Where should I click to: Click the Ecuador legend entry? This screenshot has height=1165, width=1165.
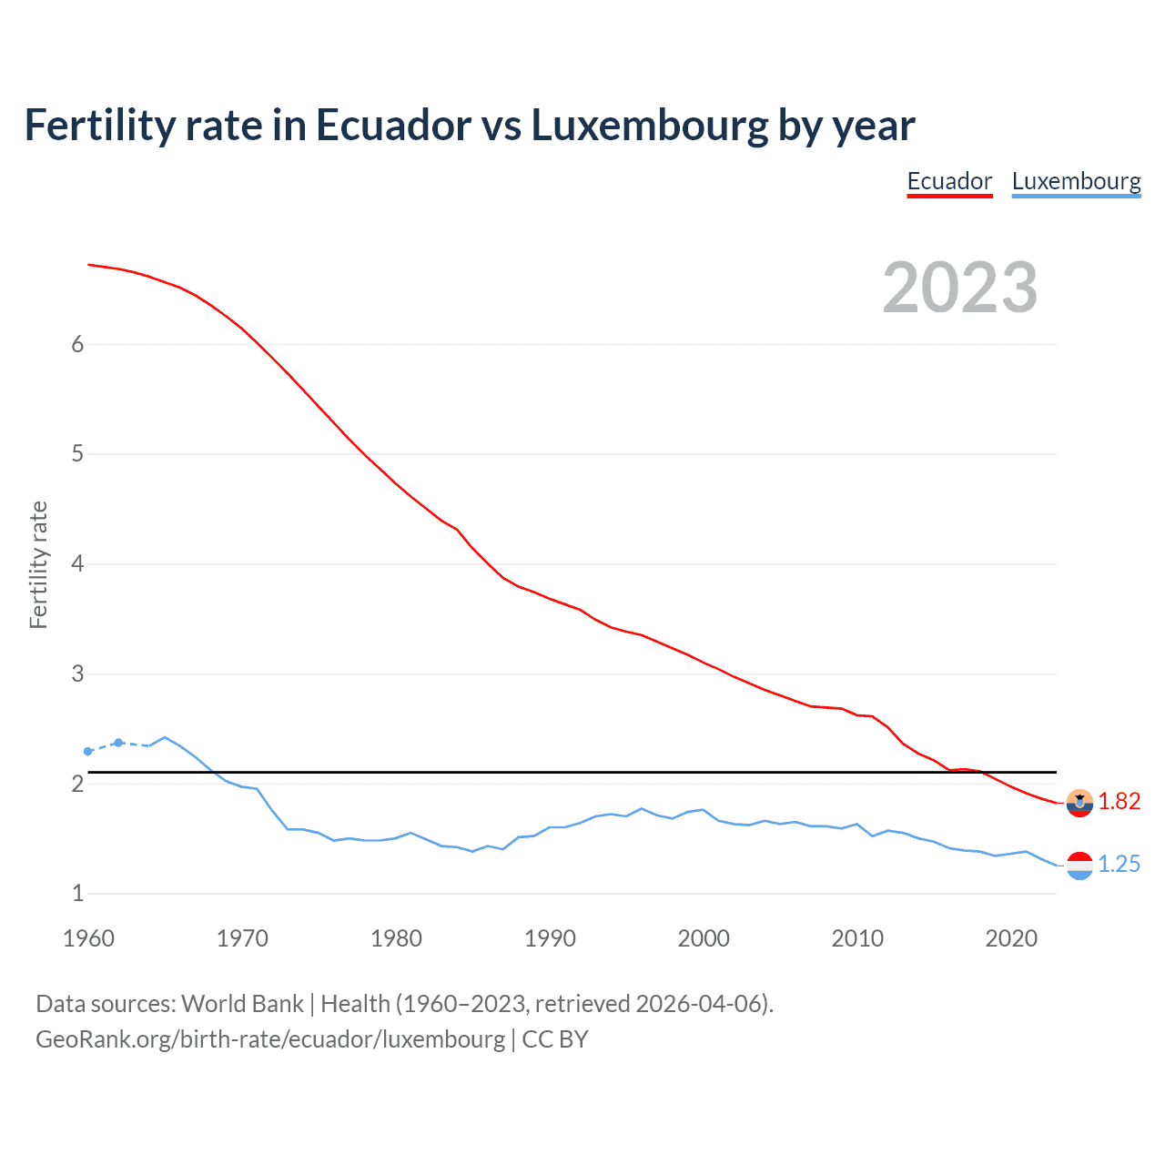coord(949,181)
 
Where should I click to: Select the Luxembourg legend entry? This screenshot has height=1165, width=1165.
coord(1076,181)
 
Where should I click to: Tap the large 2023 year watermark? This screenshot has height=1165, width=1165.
coord(960,288)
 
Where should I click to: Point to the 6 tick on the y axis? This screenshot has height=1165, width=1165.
coord(77,344)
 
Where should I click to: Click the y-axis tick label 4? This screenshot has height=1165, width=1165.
coord(77,563)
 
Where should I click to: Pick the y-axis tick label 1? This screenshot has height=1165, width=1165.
coord(77,893)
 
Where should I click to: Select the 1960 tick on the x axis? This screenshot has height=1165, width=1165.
coord(88,938)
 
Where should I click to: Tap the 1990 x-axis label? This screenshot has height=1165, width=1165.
coord(550,938)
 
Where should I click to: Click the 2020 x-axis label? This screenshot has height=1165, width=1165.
coord(1011,938)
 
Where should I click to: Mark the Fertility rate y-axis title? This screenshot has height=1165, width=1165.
coord(38,564)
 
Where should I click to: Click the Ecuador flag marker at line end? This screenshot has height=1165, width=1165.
coord(1079,803)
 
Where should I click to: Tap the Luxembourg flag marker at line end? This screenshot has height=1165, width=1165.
coord(1079,866)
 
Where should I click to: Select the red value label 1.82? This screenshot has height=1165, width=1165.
coord(1119,801)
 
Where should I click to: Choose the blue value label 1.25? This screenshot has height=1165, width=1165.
coord(1119,864)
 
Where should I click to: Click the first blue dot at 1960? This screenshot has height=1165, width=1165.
coord(88,752)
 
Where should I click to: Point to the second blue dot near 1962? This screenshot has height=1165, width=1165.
coord(118,743)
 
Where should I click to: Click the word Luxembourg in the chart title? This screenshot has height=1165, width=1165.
coord(650,125)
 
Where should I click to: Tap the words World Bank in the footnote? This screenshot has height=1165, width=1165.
coord(242,1004)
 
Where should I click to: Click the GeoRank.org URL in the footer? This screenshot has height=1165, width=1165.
coord(270,1039)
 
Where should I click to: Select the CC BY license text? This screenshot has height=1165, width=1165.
coord(555,1039)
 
